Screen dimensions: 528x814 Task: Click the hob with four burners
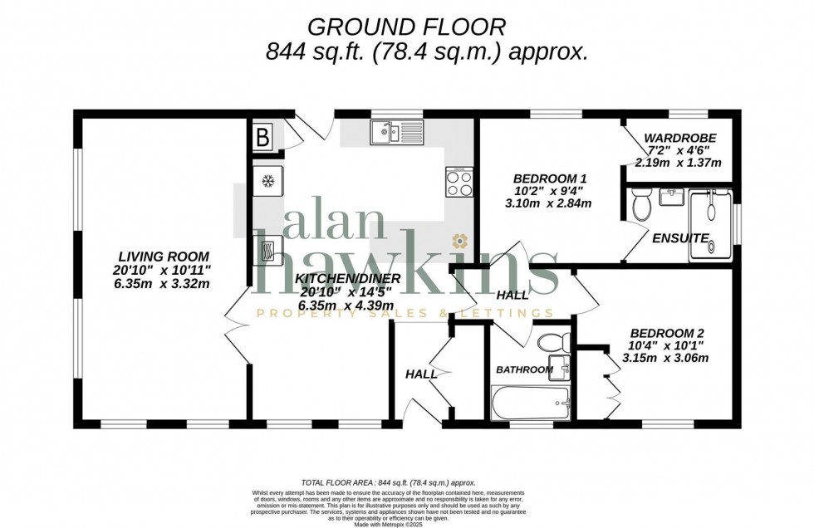click(x=459, y=181)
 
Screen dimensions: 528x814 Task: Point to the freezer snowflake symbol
click(x=268, y=181)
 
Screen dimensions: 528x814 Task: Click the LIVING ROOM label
click(x=163, y=256)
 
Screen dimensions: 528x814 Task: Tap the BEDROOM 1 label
click(x=550, y=178)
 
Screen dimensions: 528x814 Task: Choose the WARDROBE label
click(x=680, y=138)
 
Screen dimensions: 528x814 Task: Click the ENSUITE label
click(x=680, y=238)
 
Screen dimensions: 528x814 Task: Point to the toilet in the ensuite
click(x=640, y=203)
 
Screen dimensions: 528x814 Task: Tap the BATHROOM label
click(x=524, y=369)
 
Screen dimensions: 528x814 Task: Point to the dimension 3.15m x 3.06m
click(x=665, y=359)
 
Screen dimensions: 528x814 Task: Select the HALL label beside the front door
click(x=421, y=374)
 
